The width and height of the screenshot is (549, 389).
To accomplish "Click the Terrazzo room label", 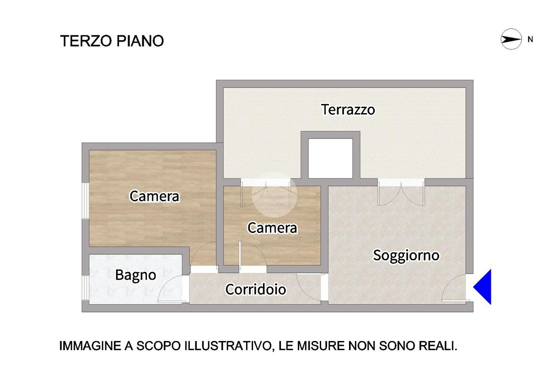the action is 348,109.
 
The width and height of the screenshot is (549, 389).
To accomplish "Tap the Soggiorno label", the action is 406,256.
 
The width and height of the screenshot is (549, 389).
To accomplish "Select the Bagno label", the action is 135,275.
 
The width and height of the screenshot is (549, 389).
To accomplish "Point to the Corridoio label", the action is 256,289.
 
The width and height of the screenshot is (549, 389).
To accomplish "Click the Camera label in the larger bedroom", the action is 155,196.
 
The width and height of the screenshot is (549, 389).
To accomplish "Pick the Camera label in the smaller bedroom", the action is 272,228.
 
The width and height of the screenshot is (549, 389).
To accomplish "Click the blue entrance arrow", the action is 482,287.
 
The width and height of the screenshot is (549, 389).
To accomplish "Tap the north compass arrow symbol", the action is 511,39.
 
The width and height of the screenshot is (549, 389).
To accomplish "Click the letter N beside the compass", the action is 530,39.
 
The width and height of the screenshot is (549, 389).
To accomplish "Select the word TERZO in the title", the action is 86,41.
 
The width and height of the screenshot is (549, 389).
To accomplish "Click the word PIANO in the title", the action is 140,41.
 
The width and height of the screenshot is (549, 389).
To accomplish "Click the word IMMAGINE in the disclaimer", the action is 90,346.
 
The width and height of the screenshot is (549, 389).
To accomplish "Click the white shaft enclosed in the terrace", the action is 330,158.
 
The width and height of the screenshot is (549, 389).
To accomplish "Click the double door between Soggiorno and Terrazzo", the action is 401,194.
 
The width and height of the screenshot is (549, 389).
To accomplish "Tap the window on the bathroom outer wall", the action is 85,287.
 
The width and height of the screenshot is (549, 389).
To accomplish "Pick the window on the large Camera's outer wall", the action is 85,200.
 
